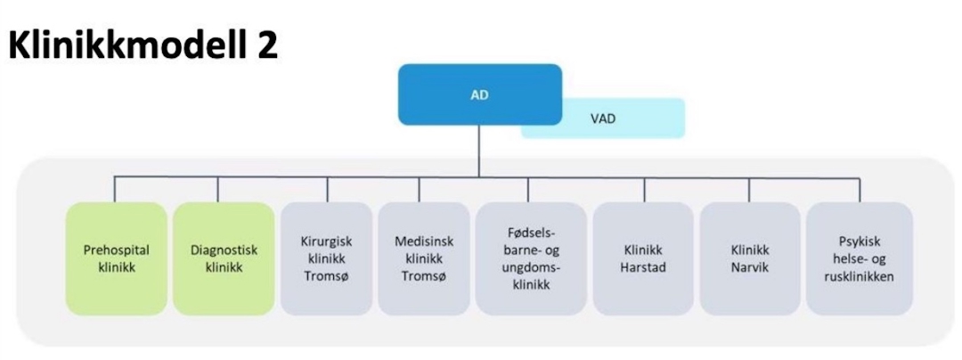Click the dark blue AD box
click(479, 94)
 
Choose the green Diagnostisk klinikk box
click(224, 258)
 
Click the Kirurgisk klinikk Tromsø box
click(327, 258)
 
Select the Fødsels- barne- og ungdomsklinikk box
click(526, 258)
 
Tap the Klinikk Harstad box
click(642, 258)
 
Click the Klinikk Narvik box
click(749, 258)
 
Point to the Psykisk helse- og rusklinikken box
click(859, 258)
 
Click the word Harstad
click(642, 266)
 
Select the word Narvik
click(749, 266)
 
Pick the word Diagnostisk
click(224, 250)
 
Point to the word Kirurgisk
click(327, 241)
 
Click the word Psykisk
click(859, 241)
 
